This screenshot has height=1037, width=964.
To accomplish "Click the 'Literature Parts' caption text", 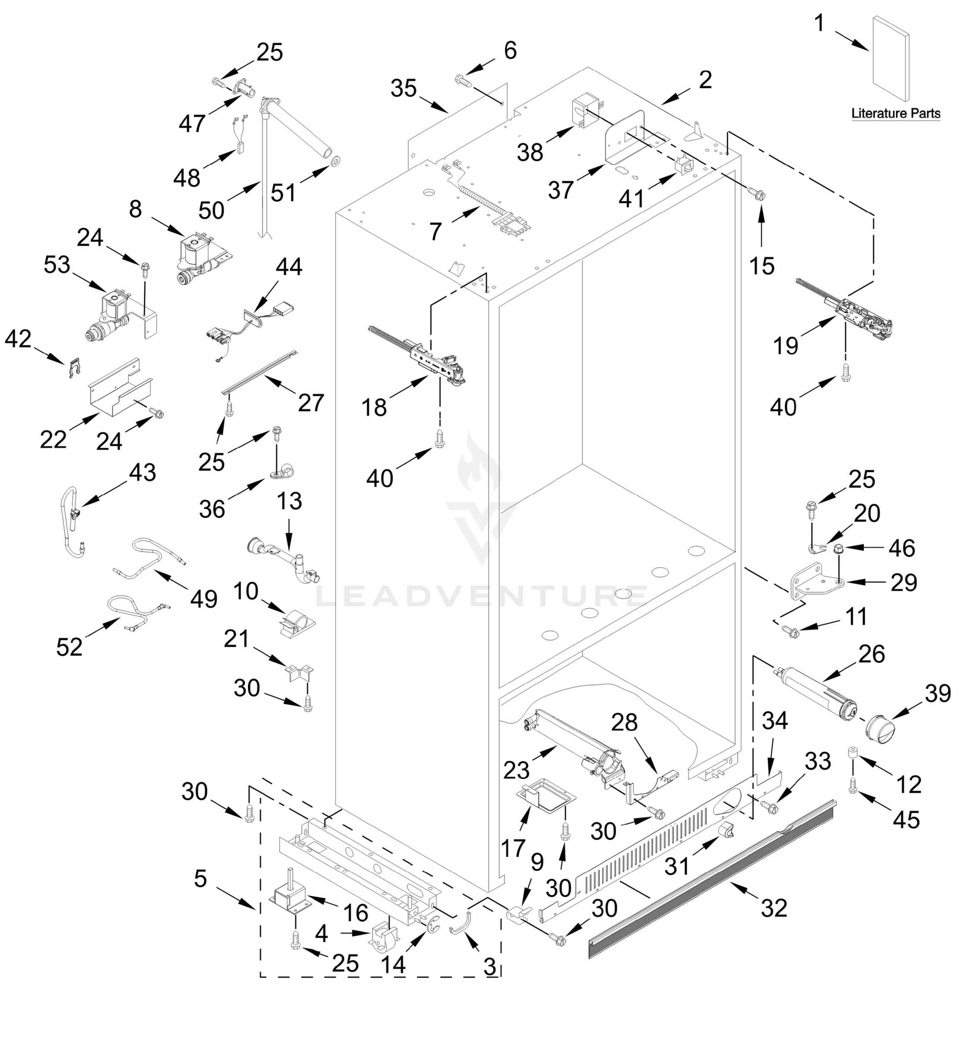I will (x=895, y=113).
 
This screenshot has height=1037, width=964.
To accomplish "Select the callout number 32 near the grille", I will (x=774, y=908).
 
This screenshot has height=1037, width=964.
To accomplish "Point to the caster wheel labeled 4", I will (x=383, y=941).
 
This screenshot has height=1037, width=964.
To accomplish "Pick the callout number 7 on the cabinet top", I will (x=435, y=231).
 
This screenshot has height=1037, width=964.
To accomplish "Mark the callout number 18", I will (x=374, y=407).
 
